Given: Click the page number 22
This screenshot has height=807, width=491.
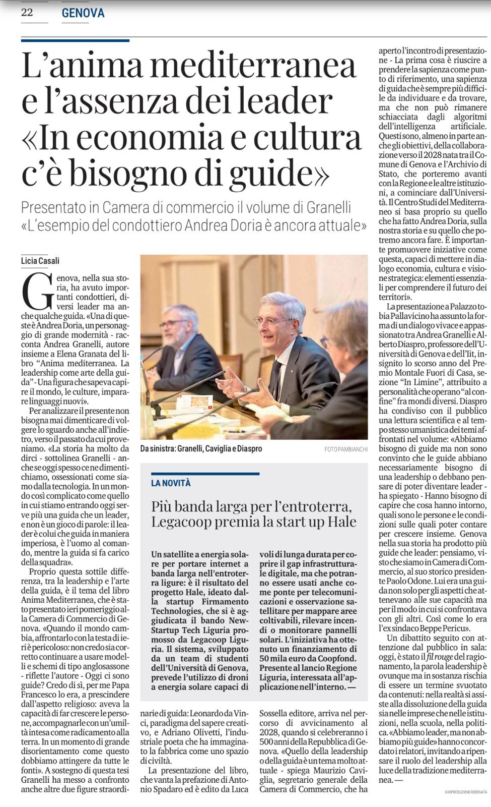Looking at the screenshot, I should [27, 13].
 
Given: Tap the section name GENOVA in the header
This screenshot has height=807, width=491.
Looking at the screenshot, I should [83, 13].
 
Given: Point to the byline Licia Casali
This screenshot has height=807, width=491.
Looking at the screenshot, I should [40, 261].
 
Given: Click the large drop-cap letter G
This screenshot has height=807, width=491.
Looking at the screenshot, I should [38, 292].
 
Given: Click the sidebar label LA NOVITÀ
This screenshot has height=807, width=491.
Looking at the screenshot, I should [171, 483].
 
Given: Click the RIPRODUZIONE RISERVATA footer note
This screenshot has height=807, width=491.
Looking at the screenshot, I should [466, 792].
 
